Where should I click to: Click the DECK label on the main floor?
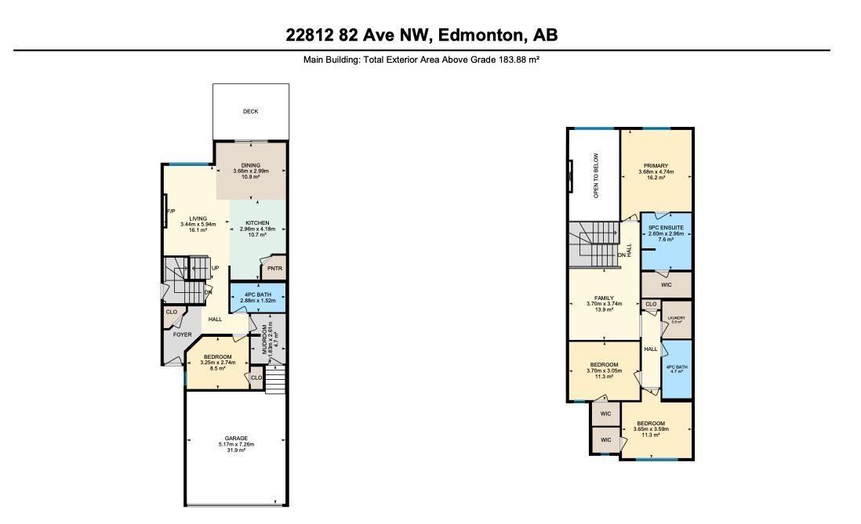click(x=250, y=111)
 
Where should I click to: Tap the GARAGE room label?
click(x=236, y=438)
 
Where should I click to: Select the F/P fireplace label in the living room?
click(x=169, y=211)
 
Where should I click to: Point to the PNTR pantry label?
click(x=274, y=269)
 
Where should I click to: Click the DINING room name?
click(x=250, y=165)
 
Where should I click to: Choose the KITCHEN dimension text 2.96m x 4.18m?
click(x=258, y=229)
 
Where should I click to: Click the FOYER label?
click(x=182, y=334)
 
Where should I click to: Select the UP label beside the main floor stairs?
click(x=215, y=269)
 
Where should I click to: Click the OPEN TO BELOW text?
click(x=596, y=175)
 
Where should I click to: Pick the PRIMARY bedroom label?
click(x=656, y=166)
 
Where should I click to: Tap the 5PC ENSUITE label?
click(x=667, y=227)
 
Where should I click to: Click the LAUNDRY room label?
click(x=676, y=317)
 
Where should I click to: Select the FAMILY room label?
click(x=604, y=298)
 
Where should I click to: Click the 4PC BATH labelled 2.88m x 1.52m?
click(x=258, y=295)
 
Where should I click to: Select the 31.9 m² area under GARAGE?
click(x=236, y=450)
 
